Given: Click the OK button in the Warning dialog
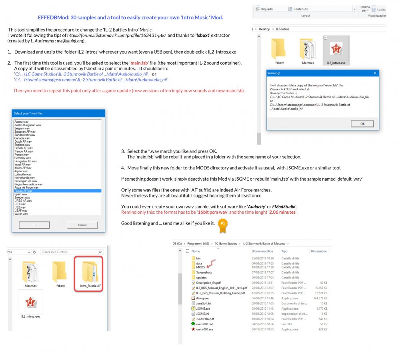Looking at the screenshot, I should [x=362, y=124].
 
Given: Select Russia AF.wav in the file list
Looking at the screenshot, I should [x=24, y=191].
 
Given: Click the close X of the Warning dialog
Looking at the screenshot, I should [x=375, y=73].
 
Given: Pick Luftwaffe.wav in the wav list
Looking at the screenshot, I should [x=23, y=174].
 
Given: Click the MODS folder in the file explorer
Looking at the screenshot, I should [x=200, y=267].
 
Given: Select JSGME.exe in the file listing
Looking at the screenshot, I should [x=203, y=308].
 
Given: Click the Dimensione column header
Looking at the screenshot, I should [x=318, y=251].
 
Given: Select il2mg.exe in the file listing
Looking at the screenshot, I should [x=203, y=298].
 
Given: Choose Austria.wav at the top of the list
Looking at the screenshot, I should [x=21, y=121].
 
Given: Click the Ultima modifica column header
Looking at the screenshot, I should [x=262, y=251].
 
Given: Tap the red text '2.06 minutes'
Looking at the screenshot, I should [x=283, y=212].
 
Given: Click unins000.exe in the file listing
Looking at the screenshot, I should [x=204, y=329].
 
